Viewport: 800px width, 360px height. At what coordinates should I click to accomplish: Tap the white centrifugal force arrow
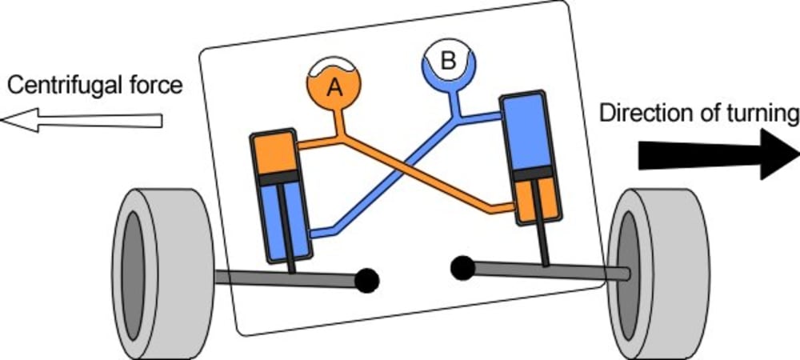[x=81, y=120]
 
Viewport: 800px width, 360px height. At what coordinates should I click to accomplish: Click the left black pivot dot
[x=366, y=279]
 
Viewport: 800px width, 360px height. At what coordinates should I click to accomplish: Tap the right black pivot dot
[x=462, y=267]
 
